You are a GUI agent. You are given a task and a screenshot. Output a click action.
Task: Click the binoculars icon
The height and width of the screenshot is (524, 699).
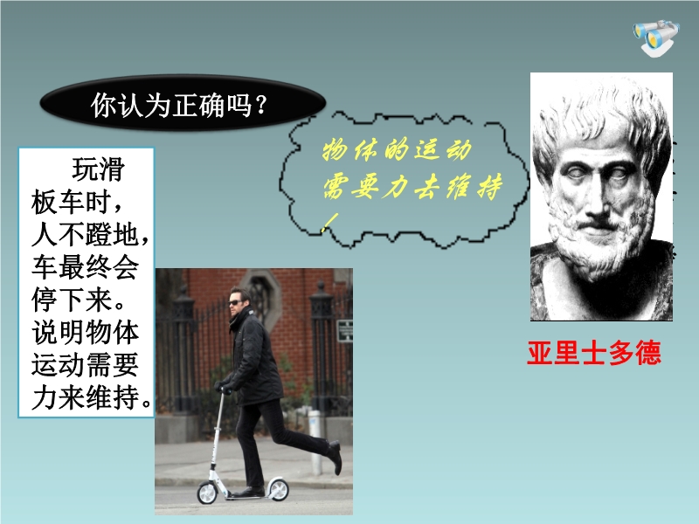(656, 38)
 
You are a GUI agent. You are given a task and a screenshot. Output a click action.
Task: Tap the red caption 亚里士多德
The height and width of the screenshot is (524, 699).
(594, 353)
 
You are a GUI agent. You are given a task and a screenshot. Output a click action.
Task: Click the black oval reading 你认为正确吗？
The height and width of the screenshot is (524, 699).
(183, 103)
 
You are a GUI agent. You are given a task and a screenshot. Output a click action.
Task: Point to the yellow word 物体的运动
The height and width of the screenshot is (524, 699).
(397, 150)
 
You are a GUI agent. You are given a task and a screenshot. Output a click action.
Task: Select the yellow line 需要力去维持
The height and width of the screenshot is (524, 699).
(412, 187)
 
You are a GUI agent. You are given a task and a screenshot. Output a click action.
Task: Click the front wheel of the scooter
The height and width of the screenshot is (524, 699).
(208, 493)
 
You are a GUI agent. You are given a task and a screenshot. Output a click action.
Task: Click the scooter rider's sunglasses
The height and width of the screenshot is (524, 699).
(235, 303)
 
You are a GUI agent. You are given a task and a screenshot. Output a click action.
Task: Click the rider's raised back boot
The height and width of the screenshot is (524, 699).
(335, 457)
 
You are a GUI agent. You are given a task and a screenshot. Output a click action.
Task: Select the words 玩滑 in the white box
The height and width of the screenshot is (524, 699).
(99, 169)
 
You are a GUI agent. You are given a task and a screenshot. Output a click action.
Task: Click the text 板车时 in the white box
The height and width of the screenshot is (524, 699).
(72, 202)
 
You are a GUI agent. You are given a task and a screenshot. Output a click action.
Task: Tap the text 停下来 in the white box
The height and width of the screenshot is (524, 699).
(72, 299)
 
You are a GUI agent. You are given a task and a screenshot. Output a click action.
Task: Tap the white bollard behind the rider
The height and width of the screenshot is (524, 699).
(315, 442)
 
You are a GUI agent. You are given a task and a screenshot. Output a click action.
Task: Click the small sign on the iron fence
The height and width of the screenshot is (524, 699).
(344, 331)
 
